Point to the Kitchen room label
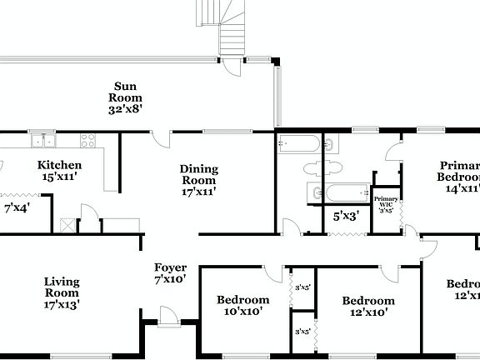pos(60,165)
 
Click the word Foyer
pos(170,267)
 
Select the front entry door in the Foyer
pos(168,314)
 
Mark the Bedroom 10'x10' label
pos(242,305)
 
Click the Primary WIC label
pos(385,204)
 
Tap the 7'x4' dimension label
pos(17,207)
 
